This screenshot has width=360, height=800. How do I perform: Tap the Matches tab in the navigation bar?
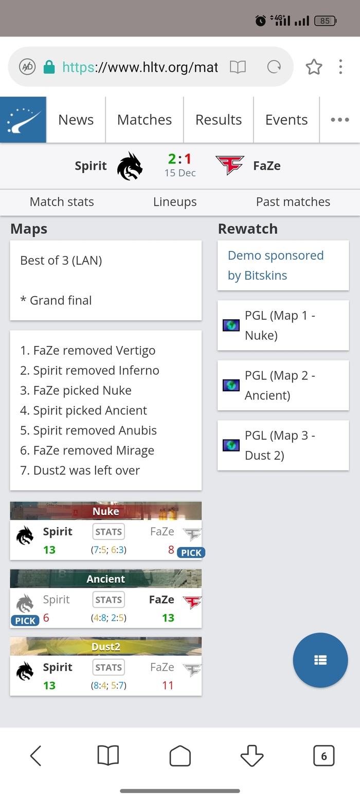click(145, 120)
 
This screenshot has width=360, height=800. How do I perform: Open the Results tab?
click(219, 120)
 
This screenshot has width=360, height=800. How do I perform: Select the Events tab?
click(286, 120)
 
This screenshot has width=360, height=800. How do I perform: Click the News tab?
click(76, 120)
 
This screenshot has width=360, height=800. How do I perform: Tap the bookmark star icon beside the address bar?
click(314, 67)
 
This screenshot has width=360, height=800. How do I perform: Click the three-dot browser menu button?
click(340, 67)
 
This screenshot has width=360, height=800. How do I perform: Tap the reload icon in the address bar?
click(275, 67)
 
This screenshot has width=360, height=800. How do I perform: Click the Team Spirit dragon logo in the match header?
click(129, 166)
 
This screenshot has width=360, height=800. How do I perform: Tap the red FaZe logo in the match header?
click(230, 166)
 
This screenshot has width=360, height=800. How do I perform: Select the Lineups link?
click(175, 202)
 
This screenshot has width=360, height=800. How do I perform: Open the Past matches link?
click(293, 202)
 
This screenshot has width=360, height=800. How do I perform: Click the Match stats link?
click(62, 202)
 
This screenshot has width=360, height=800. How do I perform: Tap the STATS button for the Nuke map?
click(109, 532)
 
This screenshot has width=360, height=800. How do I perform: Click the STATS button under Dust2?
click(109, 667)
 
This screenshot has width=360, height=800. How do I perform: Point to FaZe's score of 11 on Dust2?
click(168, 685)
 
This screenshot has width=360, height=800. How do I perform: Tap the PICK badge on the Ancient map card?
click(25, 621)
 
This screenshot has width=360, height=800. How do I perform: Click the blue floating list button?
click(320, 660)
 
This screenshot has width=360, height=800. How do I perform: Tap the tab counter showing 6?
click(323, 756)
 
